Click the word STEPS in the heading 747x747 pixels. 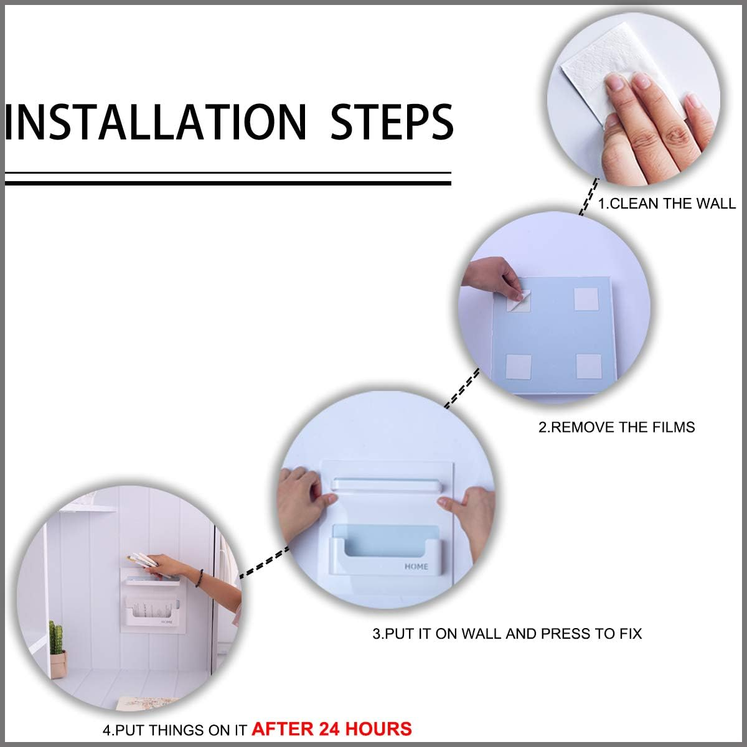coord(392,122)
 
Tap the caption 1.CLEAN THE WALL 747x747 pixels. coord(667,204)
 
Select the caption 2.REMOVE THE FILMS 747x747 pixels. coord(617,427)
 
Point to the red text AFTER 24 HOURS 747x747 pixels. coord(332,729)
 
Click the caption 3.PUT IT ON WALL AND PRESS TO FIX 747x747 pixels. coord(507,634)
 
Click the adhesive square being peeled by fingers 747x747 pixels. coord(519,301)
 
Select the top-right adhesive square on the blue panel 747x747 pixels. coord(586,299)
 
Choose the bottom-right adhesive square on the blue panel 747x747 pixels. coord(588,366)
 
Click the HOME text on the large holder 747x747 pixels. coord(416,566)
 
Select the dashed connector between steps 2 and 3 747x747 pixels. coord(462,388)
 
